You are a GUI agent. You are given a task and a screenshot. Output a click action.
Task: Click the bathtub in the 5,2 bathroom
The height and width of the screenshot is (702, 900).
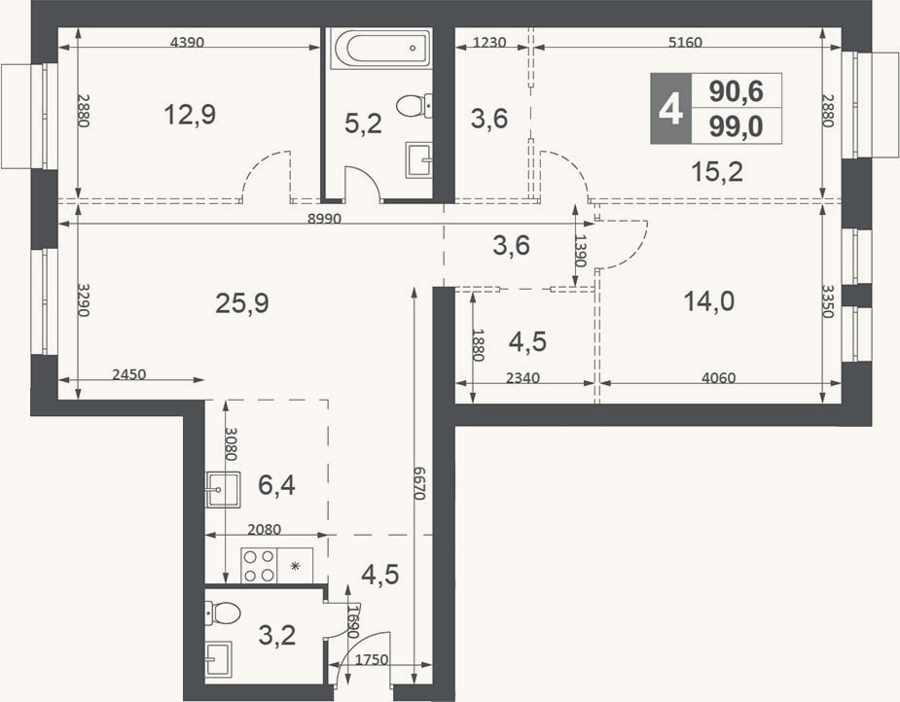pyautogui.click(x=381, y=49)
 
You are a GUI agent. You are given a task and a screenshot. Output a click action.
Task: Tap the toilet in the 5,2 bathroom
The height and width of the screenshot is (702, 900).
pyautogui.click(x=414, y=106)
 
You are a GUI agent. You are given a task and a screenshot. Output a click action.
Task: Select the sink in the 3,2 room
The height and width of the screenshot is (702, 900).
pyautogui.click(x=219, y=659)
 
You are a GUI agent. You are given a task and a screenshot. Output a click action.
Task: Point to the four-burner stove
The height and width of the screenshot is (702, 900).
pyautogui.click(x=259, y=566)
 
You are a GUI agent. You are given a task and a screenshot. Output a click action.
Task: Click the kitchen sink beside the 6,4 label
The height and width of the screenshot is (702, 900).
pyautogui.click(x=223, y=489)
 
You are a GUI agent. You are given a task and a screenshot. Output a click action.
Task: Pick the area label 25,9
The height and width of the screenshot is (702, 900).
pyautogui.click(x=242, y=302)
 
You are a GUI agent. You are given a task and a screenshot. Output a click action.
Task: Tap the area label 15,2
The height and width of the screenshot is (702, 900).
pyautogui.click(x=717, y=171)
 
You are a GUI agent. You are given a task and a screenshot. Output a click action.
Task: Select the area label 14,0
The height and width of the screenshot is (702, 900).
pyautogui.click(x=709, y=300)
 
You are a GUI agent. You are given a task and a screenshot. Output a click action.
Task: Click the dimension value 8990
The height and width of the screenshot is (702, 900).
pyautogui.click(x=324, y=219)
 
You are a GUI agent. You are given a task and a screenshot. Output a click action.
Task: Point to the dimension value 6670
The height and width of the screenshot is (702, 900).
pyautogui.click(x=420, y=482)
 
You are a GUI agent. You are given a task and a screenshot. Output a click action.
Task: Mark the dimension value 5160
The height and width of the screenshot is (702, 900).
pyautogui.click(x=685, y=42)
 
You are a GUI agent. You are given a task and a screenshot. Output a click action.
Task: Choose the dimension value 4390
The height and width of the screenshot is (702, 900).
pyautogui.click(x=188, y=42)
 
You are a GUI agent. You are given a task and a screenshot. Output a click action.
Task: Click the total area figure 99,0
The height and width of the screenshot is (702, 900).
pyautogui.click(x=736, y=126)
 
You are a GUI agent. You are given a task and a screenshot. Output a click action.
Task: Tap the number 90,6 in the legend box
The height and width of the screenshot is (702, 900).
pyautogui.click(x=736, y=90)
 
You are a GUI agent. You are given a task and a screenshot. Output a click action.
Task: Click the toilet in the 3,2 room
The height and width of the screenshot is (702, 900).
pyautogui.click(x=223, y=614)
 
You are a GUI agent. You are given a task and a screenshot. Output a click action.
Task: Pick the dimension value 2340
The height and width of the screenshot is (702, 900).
pyautogui.click(x=522, y=378)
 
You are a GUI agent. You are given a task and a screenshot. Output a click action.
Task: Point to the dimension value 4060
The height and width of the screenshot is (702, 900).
pyautogui.click(x=718, y=378)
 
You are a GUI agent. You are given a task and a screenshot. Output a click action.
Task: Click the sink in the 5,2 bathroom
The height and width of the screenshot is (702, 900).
pyautogui.click(x=418, y=160)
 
